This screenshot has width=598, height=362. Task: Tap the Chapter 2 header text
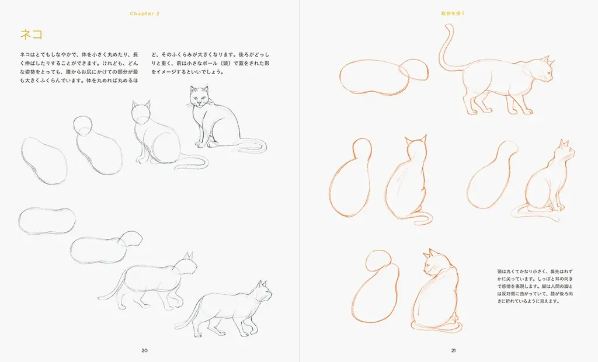(x=144, y=13)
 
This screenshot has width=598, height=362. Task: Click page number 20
(x=144, y=350)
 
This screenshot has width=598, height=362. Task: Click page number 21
(x=453, y=350)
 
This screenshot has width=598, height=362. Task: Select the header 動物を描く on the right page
(x=453, y=13)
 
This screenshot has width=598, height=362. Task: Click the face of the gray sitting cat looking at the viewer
(x=199, y=98)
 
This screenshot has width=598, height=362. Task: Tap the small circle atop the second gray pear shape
(x=83, y=124)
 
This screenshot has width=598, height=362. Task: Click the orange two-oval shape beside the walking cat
(x=383, y=77)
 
